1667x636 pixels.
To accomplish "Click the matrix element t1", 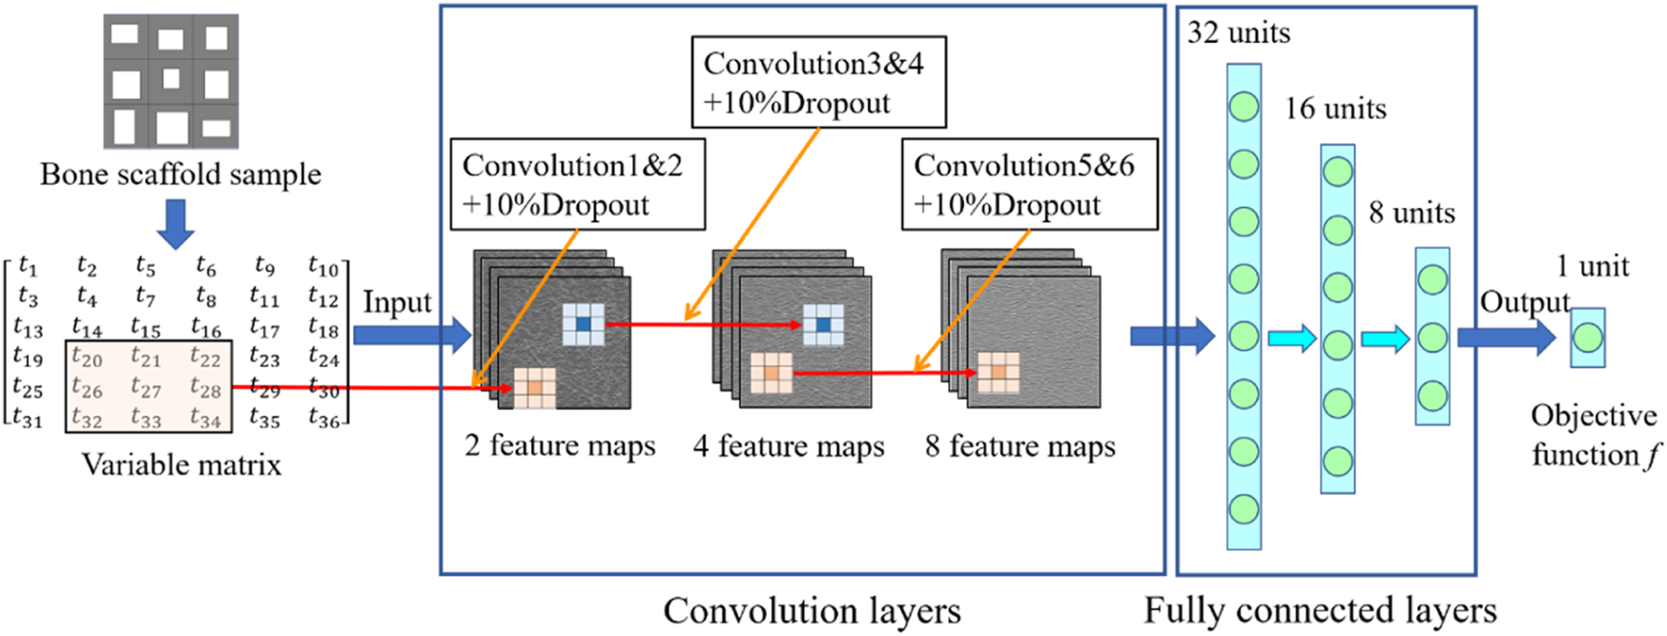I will pyautogui.click(x=28, y=267).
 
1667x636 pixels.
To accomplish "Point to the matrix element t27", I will pyautogui.click(x=146, y=388).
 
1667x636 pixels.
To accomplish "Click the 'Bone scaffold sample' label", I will pyautogui.click(x=180, y=174).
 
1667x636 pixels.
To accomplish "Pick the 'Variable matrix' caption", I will pyautogui.click(x=181, y=464).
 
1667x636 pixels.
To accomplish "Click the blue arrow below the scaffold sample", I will pyautogui.click(x=175, y=223).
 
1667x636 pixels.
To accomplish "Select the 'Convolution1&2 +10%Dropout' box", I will pyautogui.click(x=577, y=185).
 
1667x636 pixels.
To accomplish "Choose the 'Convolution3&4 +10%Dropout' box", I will pyautogui.click(x=818, y=83).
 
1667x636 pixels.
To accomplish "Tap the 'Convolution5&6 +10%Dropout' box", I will pyautogui.click(x=1029, y=185).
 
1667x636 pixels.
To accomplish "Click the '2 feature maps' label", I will pyautogui.click(x=561, y=446).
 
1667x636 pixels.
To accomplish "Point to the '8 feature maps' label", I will pyautogui.click(x=1020, y=446).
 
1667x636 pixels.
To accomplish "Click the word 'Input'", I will pyautogui.click(x=397, y=302).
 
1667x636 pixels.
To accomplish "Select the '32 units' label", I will pyautogui.click(x=1238, y=33).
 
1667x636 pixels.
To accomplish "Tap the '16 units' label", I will pyautogui.click(x=1335, y=109).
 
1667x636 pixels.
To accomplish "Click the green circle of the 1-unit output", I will pyautogui.click(x=1587, y=338).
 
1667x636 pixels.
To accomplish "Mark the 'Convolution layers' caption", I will pyautogui.click(x=812, y=611).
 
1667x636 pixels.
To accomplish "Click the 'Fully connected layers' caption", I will pyautogui.click(x=1320, y=611).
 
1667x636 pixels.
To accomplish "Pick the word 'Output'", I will pyautogui.click(x=1524, y=302).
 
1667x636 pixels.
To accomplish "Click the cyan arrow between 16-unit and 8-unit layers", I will pyautogui.click(x=1385, y=339).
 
